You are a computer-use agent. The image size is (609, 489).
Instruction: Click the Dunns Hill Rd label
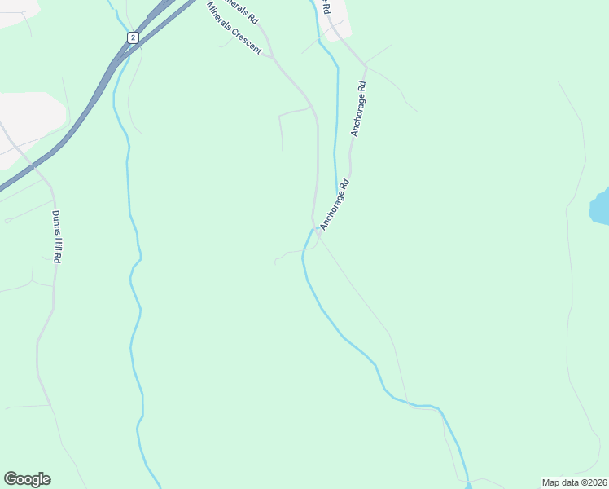[x=57, y=236]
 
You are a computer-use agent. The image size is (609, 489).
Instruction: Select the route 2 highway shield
[x=133, y=37]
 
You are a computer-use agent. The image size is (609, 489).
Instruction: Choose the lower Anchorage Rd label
[x=334, y=205]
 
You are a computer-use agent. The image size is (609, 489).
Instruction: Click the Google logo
[x=27, y=479]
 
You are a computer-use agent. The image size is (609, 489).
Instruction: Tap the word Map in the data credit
[x=552, y=482]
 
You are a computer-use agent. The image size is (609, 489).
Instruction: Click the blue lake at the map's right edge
[x=600, y=207]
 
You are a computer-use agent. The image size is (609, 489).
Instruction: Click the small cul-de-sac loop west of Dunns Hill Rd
[x=7, y=220]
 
